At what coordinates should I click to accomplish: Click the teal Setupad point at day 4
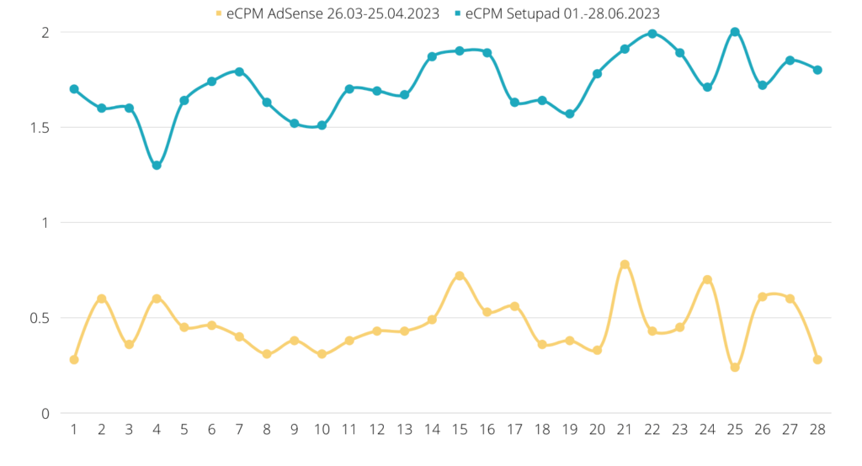point(157,166)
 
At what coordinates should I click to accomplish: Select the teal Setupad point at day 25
point(735,32)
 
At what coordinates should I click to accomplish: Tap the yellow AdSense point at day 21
point(625,265)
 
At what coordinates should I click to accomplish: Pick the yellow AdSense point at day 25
point(735,368)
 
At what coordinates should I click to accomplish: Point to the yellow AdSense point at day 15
point(460,276)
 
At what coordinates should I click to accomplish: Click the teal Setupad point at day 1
point(74,89)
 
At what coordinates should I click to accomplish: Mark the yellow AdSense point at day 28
point(817,360)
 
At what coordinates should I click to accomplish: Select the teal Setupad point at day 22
point(652,34)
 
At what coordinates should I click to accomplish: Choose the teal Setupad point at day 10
point(322,125)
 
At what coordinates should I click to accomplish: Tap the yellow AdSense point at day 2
point(102,299)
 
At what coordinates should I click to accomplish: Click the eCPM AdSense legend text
point(333,13)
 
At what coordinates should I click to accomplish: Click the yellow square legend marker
point(219,13)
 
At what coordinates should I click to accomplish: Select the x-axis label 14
point(432,430)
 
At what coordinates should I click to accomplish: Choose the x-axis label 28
point(817,430)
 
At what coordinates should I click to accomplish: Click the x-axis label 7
point(239,430)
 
